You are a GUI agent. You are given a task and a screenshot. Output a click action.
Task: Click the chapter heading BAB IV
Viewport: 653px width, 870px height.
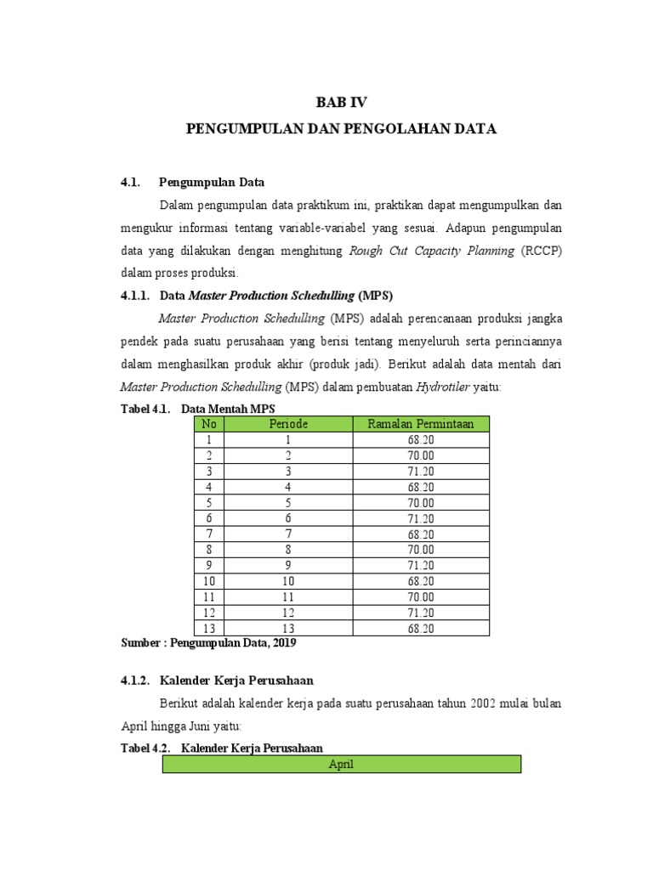tap(340, 102)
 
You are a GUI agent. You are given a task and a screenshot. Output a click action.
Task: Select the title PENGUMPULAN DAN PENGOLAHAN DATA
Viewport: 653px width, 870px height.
tap(340, 129)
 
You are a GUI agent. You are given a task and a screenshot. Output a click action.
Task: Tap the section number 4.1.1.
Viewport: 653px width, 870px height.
tap(134, 296)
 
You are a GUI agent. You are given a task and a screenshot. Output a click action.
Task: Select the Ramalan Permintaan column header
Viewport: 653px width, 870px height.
tap(420, 423)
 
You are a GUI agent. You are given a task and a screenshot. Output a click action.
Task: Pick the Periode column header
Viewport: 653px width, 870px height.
tap(288, 423)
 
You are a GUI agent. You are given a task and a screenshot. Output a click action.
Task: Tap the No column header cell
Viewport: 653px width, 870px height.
tap(208, 423)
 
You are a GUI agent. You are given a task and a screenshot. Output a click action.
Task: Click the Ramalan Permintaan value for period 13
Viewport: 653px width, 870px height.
tap(420, 629)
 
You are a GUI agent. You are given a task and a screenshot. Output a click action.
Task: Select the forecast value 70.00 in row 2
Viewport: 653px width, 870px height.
tap(420, 455)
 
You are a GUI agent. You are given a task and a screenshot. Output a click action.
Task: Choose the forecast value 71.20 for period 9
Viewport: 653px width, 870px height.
tap(420, 564)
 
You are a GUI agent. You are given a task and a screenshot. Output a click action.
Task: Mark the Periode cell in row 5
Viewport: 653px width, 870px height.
tap(288, 502)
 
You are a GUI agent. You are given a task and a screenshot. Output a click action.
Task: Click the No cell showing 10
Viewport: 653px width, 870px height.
tap(208, 580)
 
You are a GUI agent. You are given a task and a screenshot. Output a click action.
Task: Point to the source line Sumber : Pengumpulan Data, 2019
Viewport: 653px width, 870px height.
tap(208, 644)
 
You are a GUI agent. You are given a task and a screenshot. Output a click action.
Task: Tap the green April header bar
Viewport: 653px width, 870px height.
tap(341, 764)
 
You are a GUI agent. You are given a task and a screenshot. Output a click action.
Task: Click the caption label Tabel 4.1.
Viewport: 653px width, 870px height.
tap(146, 409)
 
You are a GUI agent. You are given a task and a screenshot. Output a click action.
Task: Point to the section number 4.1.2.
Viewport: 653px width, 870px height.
tap(134, 681)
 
